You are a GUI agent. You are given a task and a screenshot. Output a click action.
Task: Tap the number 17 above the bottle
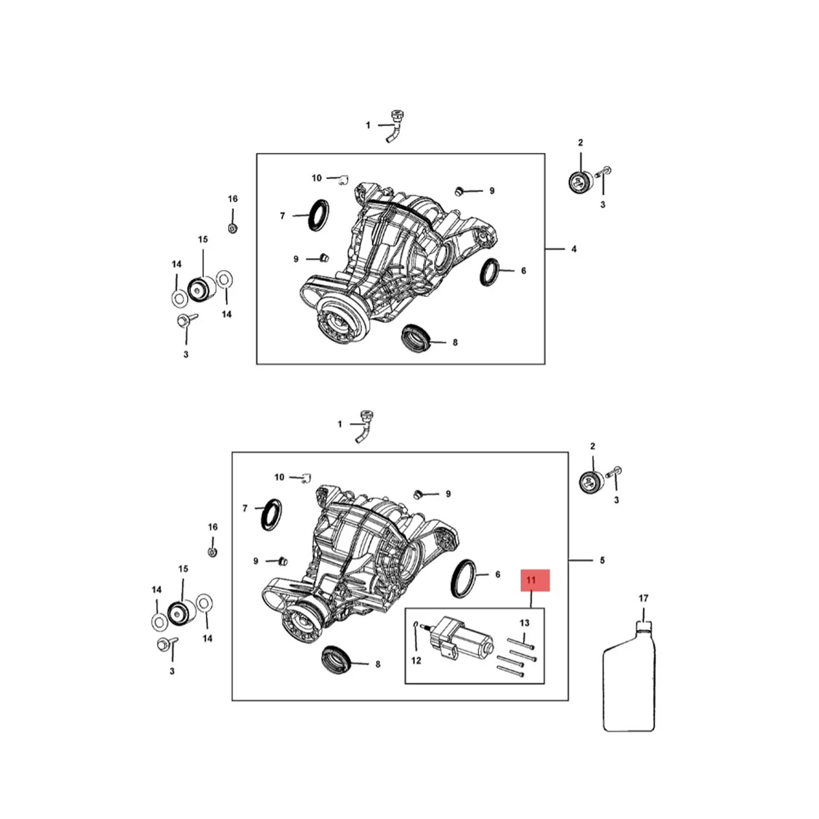coord(643,599)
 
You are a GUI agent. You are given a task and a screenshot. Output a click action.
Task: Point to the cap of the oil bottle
coord(643,624)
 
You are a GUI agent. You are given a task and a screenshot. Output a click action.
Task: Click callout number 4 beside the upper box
coord(573,249)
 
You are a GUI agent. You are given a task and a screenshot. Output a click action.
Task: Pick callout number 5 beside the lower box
coord(602,561)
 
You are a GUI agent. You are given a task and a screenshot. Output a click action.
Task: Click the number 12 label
coord(416,660)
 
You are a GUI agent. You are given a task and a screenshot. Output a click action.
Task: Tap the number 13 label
coord(524,623)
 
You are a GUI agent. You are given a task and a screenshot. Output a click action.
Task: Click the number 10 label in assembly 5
coord(279,477)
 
